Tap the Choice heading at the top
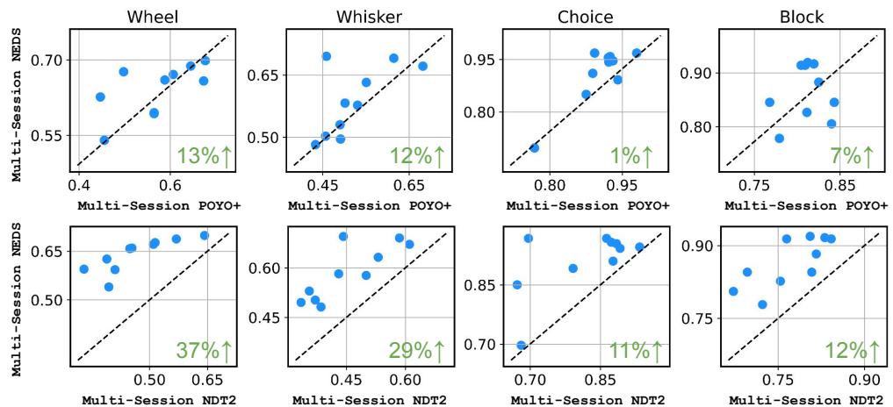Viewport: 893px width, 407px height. click(x=587, y=15)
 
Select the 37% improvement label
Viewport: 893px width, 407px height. click(x=205, y=350)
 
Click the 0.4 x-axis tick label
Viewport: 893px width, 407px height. click(x=79, y=186)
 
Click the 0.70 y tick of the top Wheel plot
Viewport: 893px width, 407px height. click(x=48, y=61)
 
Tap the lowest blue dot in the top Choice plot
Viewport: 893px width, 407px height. click(x=534, y=147)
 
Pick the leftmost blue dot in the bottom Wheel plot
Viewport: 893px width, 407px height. click(x=84, y=269)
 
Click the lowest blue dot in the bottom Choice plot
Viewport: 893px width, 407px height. click(x=522, y=346)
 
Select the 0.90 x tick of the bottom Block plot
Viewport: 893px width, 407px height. click(x=864, y=381)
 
